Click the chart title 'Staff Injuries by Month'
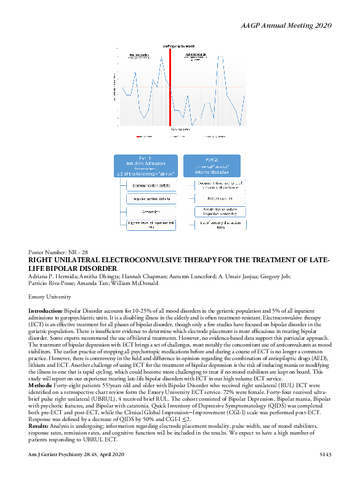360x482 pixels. [178, 46]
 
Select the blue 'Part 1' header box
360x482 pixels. [146, 166]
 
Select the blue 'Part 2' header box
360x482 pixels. [211, 166]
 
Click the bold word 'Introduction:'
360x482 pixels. [46, 313]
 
